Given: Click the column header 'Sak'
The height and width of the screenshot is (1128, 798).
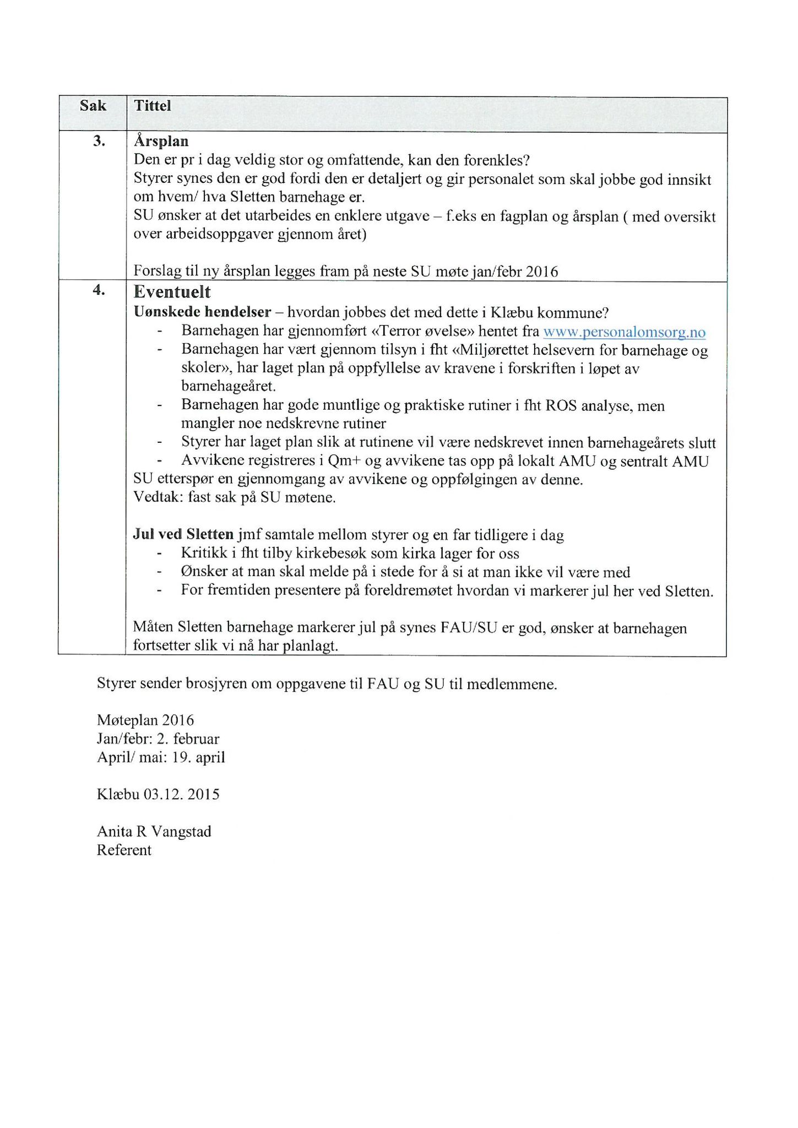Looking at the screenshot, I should point(93,106).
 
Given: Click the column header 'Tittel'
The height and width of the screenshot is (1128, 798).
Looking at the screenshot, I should point(153,106).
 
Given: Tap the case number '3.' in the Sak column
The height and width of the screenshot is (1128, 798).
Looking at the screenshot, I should point(99,142).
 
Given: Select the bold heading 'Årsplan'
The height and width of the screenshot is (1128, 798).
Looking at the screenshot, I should point(161,142).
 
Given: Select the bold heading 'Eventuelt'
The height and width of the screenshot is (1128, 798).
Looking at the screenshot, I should point(172,292).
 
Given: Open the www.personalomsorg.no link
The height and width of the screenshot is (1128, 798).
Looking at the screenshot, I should point(624,332).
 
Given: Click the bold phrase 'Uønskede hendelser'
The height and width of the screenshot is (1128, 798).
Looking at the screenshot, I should point(202,313).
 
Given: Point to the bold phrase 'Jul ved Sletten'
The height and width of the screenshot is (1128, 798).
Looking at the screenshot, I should point(183,534).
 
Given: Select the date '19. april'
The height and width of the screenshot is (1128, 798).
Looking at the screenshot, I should point(198,757).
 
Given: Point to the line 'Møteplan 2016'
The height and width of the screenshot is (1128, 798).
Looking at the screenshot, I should point(145,720).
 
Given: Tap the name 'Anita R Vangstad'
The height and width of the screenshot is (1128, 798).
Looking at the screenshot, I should point(154,831).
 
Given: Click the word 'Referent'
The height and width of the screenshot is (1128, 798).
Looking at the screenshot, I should point(124,850).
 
